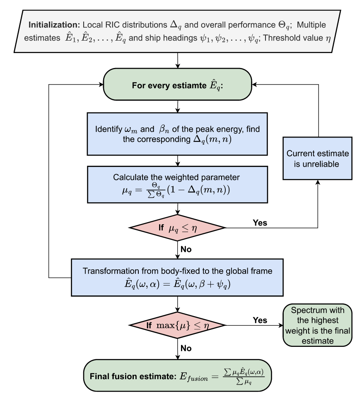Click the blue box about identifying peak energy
point(177,134)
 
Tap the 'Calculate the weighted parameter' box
point(177,184)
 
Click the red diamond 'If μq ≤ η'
point(177,228)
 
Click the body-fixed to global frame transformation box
point(177,277)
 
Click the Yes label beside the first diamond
point(261,223)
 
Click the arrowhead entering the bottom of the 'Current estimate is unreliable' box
point(318,182)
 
